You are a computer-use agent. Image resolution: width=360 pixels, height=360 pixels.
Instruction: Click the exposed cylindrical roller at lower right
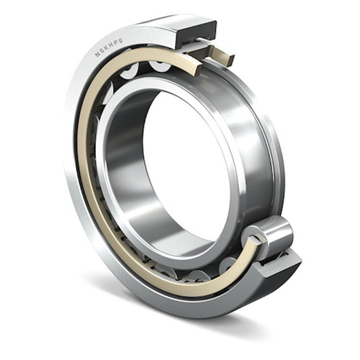[x=269, y=238]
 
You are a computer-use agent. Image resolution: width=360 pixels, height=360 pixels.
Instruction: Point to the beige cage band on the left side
[x=89, y=158]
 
